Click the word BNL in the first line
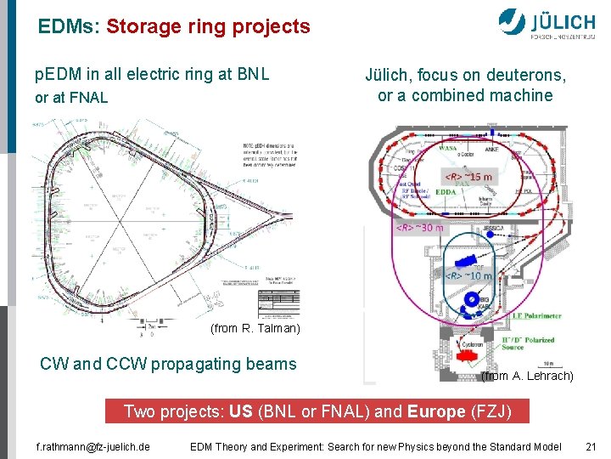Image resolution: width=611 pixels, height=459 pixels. point(252,74)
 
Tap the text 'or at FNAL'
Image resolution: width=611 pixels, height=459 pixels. point(71,98)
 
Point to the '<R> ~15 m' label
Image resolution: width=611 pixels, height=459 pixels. point(467,177)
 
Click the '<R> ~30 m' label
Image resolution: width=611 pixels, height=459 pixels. point(420,227)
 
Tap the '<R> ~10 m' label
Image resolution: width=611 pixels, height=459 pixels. point(468,275)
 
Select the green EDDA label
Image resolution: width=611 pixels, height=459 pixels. point(446,192)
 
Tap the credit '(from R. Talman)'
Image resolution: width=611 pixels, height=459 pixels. point(254,328)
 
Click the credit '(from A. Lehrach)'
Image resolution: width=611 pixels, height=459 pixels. point(527,376)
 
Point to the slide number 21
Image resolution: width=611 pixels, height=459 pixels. point(591,446)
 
